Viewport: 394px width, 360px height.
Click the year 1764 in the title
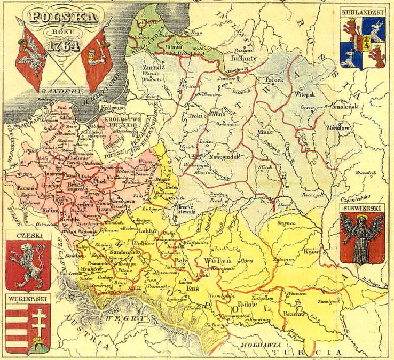(x=64, y=46)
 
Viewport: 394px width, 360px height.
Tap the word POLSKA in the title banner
(x=64, y=18)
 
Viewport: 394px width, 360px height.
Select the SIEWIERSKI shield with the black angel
(x=362, y=238)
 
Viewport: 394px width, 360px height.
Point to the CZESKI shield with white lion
(x=28, y=264)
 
